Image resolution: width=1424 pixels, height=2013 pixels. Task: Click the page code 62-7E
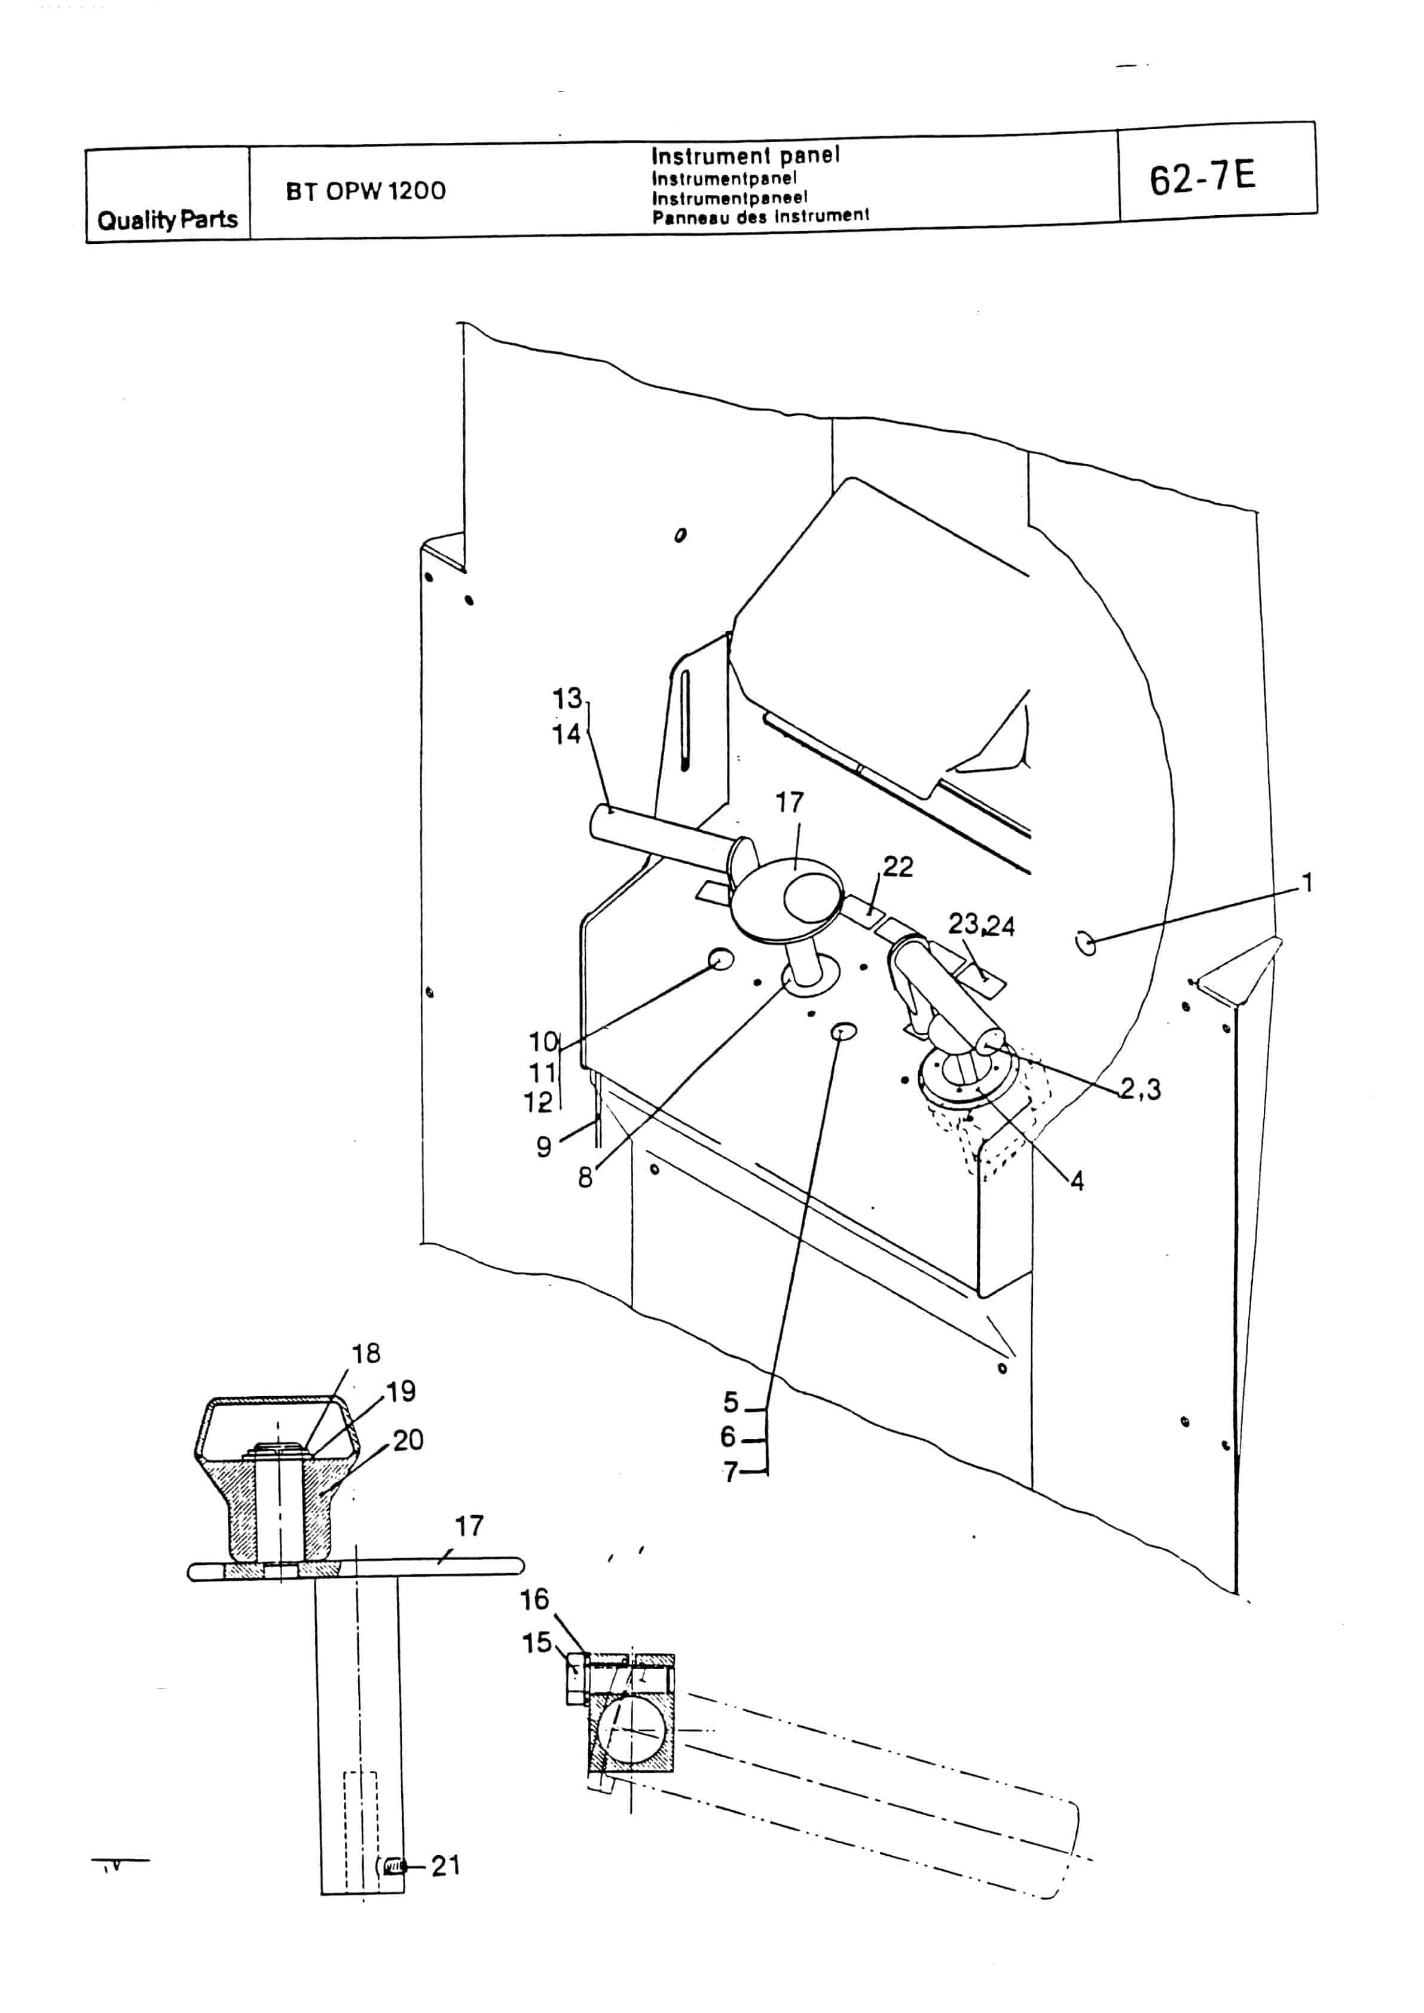(1202, 178)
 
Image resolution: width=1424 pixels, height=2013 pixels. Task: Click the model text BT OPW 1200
(366, 191)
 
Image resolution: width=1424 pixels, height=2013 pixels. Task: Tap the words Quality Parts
(167, 219)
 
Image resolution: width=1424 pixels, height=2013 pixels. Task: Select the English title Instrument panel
(745, 156)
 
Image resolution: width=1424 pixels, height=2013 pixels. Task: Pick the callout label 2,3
(1141, 1089)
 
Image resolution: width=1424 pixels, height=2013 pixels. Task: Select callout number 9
(543, 1147)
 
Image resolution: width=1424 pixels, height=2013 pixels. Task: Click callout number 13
(567, 699)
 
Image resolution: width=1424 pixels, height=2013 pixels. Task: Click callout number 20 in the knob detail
(409, 1440)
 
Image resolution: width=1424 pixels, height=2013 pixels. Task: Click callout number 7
(731, 1471)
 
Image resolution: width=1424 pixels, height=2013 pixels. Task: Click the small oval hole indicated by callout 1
(1086, 943)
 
